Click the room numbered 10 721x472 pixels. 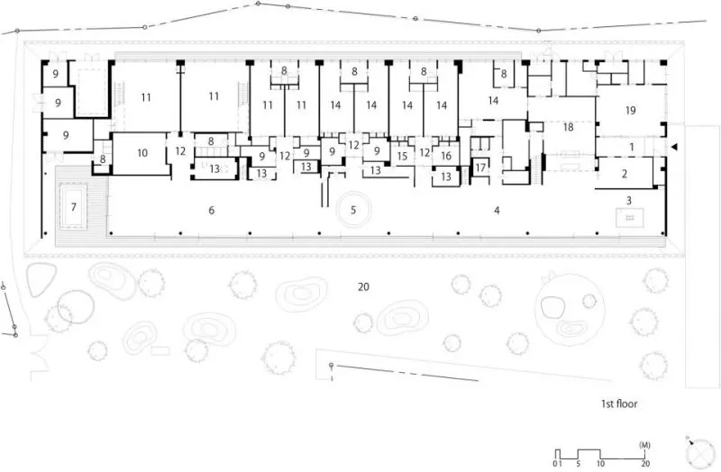(142, 153)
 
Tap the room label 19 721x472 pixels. (630, 110)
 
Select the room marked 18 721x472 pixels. (569, 127)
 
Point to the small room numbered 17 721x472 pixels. (480, 168)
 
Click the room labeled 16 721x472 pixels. (446, 156)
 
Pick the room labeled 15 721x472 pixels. (402, 156)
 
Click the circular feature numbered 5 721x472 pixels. (353, 210)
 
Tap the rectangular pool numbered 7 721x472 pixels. (74, 207)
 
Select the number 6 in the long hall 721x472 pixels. (212, 211)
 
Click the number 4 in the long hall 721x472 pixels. (497, 211)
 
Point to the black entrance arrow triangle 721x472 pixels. (674, 147)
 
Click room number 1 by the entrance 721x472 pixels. (632, 147)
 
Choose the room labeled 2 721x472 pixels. (625, 174)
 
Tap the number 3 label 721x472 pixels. (629, 200)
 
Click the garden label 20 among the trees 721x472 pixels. (363, 287)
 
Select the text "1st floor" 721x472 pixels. (619, 404)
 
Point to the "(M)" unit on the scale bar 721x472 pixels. (644, 445)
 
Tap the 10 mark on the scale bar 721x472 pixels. (600, 464)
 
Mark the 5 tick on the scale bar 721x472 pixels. (578, 464)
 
